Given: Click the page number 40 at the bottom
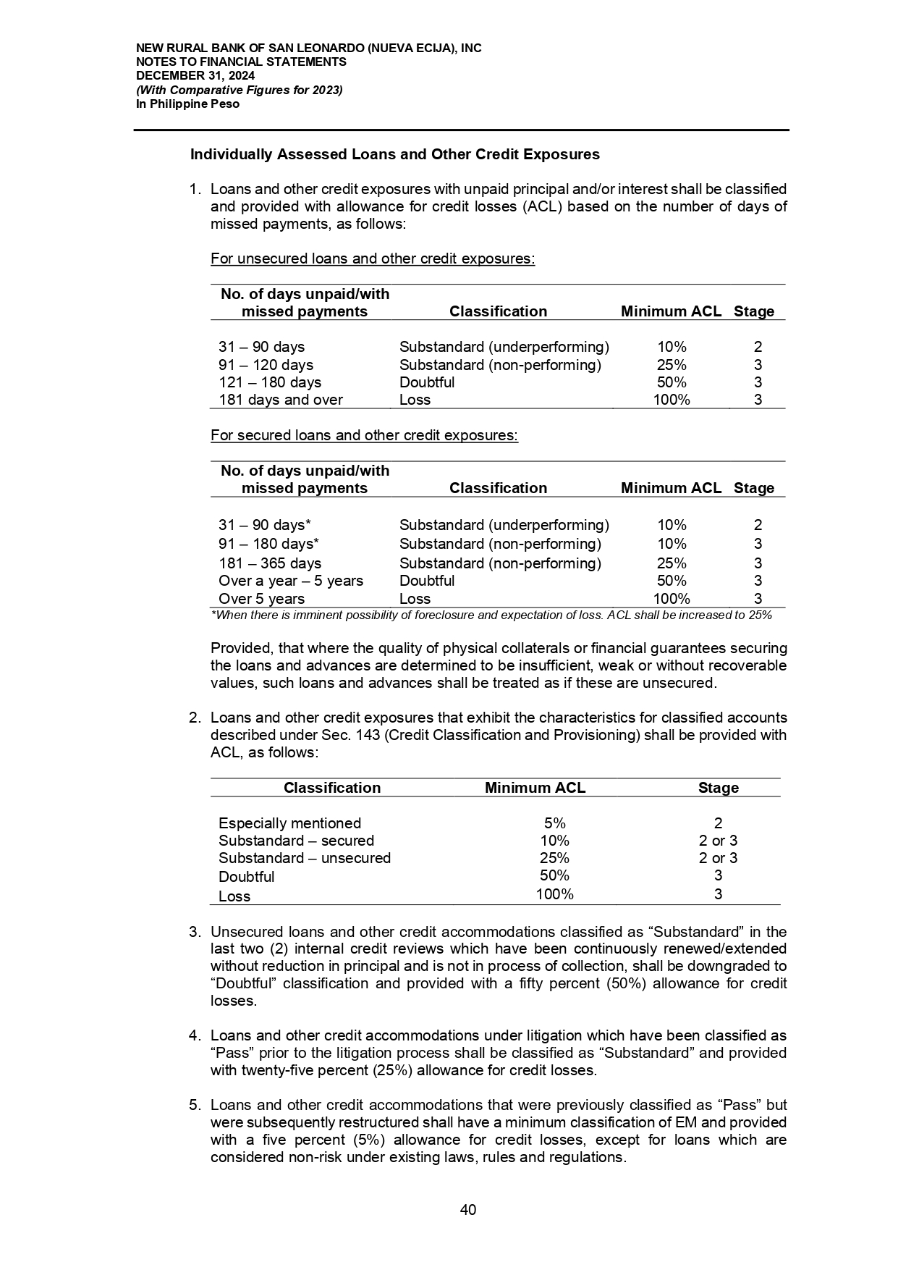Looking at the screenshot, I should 468,1210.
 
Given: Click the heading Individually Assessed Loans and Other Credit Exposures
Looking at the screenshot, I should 394,154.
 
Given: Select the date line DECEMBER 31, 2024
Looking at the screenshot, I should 195,76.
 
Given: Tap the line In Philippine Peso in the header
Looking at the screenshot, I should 188,104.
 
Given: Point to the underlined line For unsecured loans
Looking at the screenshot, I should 372,258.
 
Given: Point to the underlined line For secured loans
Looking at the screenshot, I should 364,435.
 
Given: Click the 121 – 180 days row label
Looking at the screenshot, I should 269,382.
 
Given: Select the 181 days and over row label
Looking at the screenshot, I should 280,400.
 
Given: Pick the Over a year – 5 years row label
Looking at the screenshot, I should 290,581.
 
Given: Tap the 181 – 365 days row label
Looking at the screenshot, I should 269,563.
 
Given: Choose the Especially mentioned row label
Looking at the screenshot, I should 289,823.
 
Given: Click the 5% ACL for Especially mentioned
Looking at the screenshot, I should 554,823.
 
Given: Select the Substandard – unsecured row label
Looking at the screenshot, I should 304,858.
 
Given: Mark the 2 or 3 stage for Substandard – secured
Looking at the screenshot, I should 718,841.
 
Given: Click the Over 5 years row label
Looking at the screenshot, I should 261,599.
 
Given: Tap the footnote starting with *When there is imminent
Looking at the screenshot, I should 491,615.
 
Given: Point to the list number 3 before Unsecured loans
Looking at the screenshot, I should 194,932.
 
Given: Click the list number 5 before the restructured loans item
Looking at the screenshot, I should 194,1105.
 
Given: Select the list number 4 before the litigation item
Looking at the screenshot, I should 194,1035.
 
